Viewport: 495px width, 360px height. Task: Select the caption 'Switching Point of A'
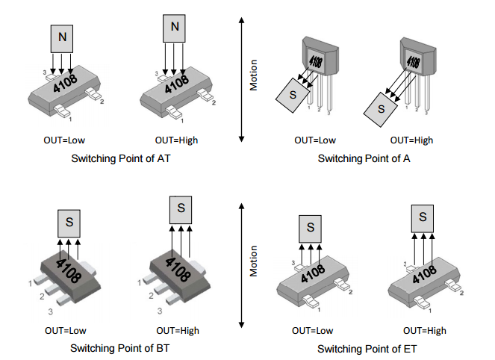(x=364, y=158)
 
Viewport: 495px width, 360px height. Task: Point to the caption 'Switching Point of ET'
(x=367, y=348)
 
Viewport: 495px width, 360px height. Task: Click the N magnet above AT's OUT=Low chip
(x=62, y=37)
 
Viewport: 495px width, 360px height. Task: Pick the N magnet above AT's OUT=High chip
(x=175, y=28)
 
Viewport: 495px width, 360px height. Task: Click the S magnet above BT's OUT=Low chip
(x=69, y=222)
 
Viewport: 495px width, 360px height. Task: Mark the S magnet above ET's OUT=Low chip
(x=311, y=226)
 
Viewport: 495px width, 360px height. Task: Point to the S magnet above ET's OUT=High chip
(x=423, y=216)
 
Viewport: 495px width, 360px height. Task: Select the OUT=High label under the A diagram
(x=411, y=140)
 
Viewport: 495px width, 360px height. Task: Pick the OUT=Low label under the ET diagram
(x=313, y=330)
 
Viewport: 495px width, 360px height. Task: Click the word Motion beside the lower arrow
(x=254, y=262)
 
